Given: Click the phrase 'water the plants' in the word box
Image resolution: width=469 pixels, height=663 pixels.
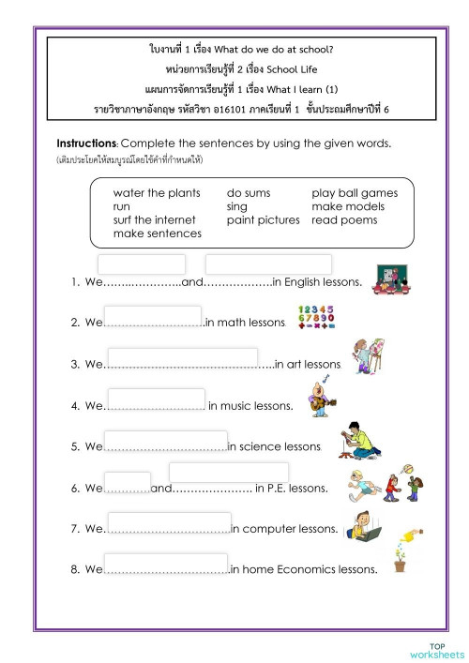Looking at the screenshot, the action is point(157,193).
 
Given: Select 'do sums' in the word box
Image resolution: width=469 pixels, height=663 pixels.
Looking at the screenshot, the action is point(249,193).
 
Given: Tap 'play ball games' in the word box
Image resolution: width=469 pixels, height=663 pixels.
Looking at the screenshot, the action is point(355,193).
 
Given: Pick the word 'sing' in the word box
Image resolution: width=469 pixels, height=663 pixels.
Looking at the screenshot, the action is point(237,206).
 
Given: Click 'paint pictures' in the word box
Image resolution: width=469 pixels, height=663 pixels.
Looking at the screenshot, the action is point(264,219).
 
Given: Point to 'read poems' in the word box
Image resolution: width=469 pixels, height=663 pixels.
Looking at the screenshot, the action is point(344,219).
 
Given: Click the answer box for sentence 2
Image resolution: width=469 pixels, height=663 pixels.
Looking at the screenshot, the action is point(153,316).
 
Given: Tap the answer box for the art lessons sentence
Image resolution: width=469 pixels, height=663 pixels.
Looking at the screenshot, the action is point(182,357).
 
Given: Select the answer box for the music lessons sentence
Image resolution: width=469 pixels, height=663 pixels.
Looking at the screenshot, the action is point(154,399).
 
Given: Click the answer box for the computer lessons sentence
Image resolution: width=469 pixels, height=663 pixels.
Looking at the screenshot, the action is point(169,522).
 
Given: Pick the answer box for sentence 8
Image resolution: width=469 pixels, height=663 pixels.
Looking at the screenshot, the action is point(166,564).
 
